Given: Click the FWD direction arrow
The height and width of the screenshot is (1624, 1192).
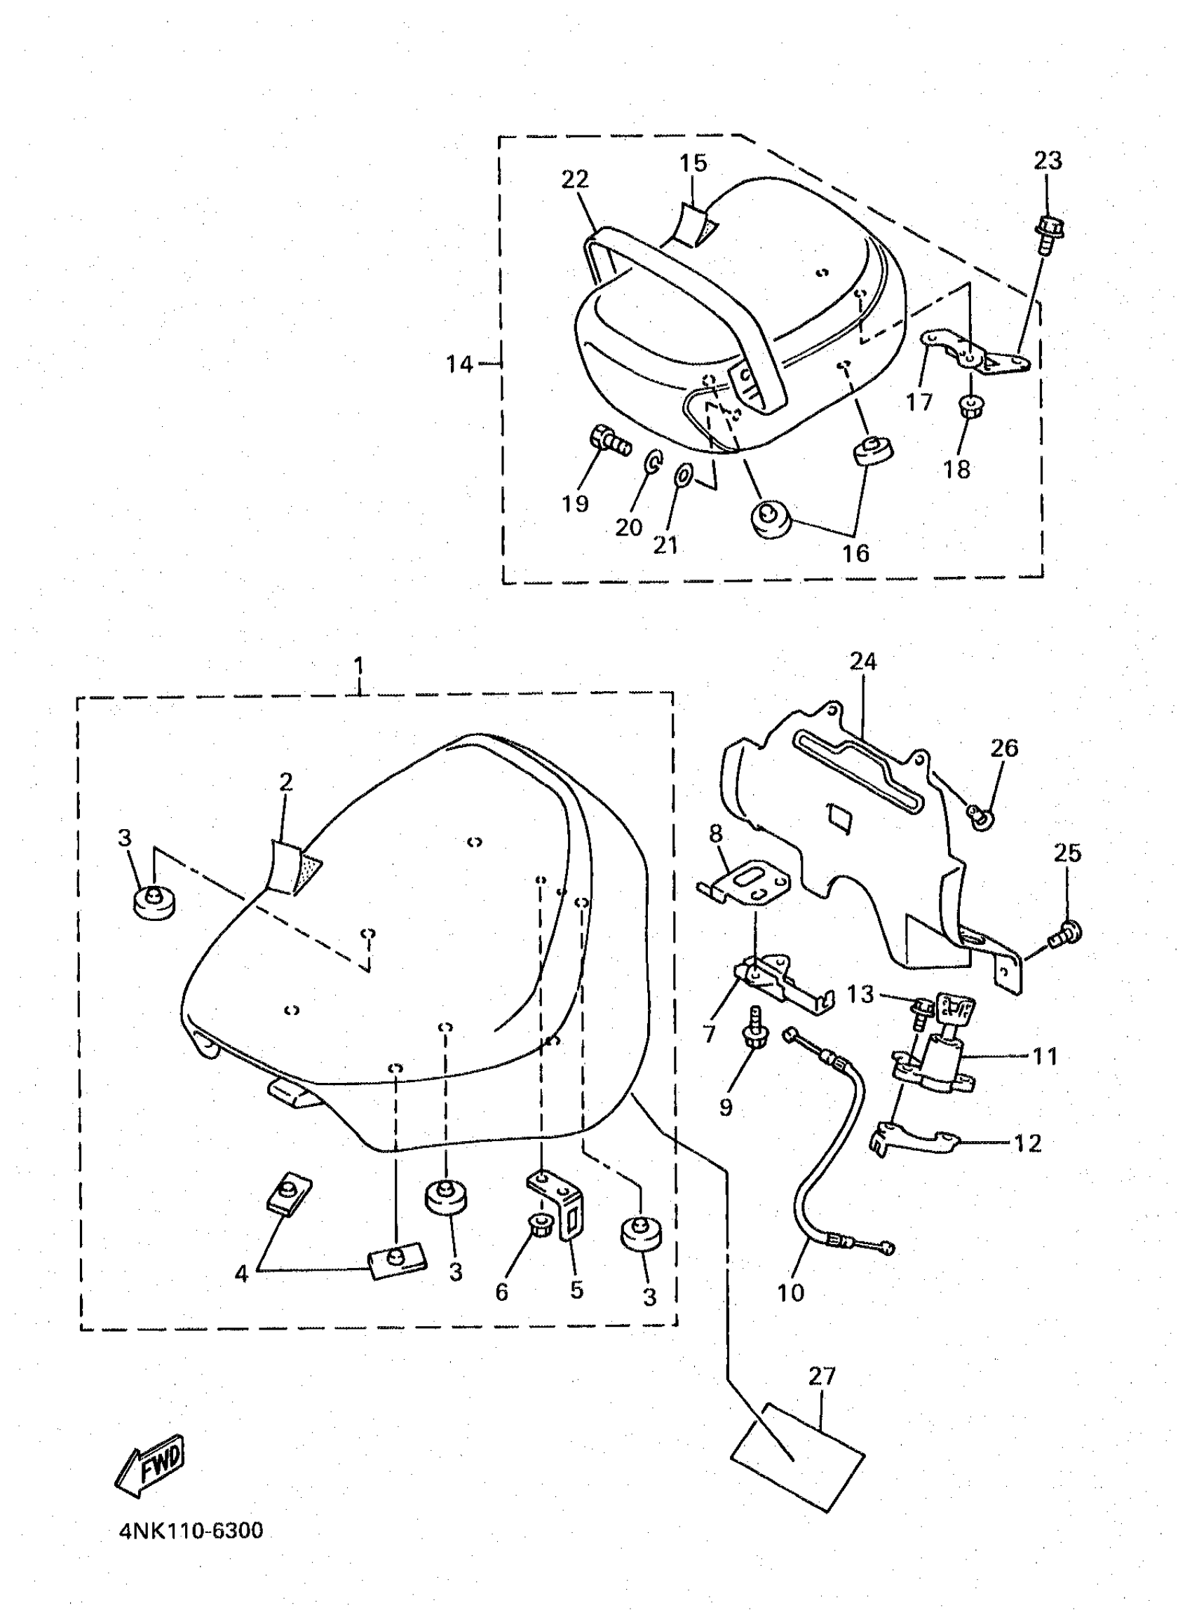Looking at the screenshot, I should [x=151, y=1465].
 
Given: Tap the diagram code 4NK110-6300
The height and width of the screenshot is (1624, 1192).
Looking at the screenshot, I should [x=191, y=1530].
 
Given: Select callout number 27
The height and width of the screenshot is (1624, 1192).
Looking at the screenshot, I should [x=821, y=1376].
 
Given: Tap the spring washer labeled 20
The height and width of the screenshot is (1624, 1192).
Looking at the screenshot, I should [x=652, y=461].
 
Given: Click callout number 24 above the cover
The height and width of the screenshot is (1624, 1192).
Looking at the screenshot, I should [x=862, y=661].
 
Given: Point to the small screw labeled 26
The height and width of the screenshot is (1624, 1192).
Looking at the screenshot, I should [x=980, y=815].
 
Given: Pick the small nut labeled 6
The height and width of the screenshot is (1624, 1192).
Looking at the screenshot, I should [x=539, y=1223].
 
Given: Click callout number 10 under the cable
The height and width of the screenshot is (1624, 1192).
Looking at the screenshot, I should [x=790, y=1292].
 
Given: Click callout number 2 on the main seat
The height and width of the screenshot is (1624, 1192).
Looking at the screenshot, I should [x=286, y=782].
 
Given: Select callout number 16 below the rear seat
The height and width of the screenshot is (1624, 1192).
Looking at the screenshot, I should [x=856, y=553].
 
